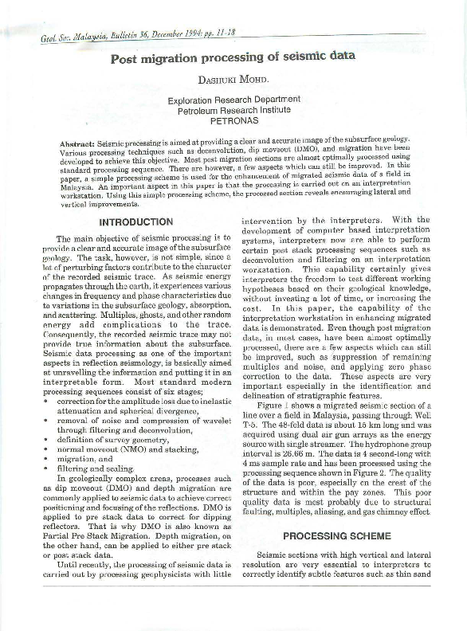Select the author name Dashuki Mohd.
[233, 80]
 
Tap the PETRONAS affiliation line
[233, 123]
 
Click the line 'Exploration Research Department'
[233, 101]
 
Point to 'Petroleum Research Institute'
[233, 112]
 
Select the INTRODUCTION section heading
[135, 222]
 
